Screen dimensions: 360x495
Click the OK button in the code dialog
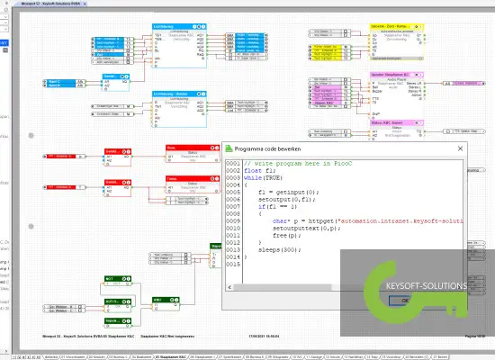coord(392,301)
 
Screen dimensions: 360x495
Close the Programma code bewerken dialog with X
coord(461,148)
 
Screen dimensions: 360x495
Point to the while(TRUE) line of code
coord(262,178)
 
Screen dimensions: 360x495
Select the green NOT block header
coord(113,277)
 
